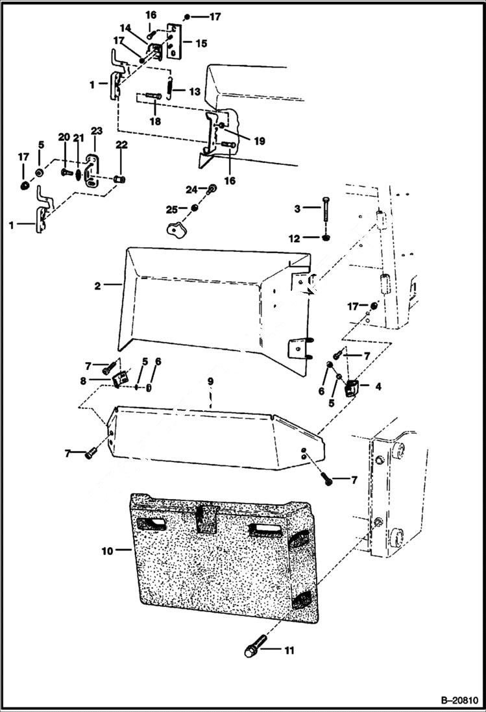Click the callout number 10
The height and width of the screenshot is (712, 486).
coord(107,551)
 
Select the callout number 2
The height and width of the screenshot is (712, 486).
coord(98,285)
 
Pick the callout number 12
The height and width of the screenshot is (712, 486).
coord(294,239)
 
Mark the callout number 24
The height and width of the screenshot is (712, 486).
coord(190,190)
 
